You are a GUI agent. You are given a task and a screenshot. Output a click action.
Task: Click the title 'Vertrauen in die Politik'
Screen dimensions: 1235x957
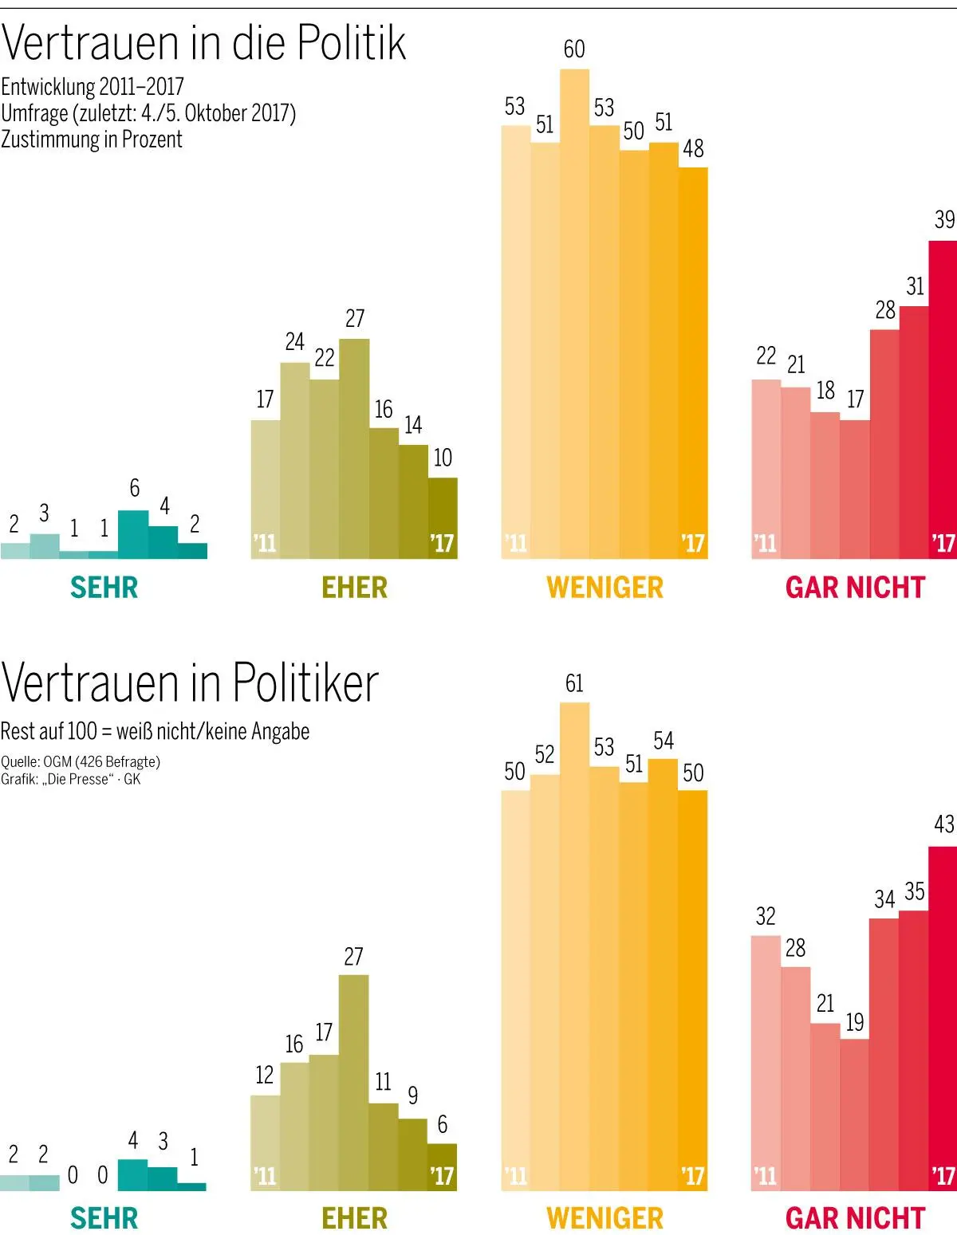click(203, 43)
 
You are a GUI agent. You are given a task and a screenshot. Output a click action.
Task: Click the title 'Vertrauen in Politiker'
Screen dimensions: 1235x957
click(190, 683)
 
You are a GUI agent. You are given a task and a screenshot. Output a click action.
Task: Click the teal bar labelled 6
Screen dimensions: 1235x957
click(133, 533)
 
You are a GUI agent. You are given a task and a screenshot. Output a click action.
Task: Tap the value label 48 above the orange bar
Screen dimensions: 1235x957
click(693, 149)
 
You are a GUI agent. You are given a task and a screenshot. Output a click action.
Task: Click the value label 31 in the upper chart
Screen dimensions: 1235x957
click(915, 286)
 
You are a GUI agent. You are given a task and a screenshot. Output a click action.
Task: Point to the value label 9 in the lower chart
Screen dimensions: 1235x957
click(412, 1095)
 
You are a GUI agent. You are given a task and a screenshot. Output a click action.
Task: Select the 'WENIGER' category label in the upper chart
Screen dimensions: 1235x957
click(605, 588)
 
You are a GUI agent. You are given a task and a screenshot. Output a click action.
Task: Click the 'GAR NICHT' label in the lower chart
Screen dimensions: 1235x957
click(854, 1218)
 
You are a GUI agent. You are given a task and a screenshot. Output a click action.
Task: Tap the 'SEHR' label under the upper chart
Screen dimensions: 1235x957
click(104, 588)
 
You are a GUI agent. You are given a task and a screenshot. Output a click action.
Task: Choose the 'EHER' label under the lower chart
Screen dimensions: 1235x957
click(354, 1218)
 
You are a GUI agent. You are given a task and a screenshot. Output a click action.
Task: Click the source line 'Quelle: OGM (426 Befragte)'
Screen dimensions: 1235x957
click(81, 761)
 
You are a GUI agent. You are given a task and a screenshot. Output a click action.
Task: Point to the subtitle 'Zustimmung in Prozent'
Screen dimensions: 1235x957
click(92, 140)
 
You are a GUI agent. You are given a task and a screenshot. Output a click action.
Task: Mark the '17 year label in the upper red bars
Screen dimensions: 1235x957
click(943, 544)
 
